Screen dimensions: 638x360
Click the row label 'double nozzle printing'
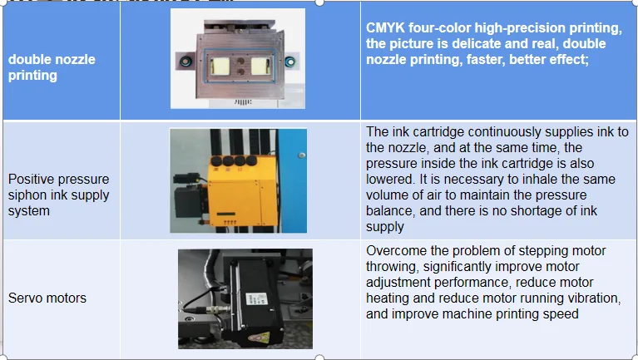[x=52, y=67]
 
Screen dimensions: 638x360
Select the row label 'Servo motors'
[x=47, y=298]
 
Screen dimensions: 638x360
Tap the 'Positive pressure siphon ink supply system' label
[x=58, y=195]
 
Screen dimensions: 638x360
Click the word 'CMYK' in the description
[x=385, y=27]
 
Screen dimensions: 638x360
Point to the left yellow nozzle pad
[x=220, y=67]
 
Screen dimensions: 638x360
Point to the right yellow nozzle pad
[x=260, y=67]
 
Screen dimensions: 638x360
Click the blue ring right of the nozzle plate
[x=290, y=62]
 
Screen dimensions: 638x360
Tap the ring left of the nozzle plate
[x=185, y=62]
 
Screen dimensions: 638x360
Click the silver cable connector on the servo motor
[x=215, y=310]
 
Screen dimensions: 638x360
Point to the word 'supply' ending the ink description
[x=385, y=227]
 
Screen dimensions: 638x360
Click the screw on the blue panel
[x=301, y=155]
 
